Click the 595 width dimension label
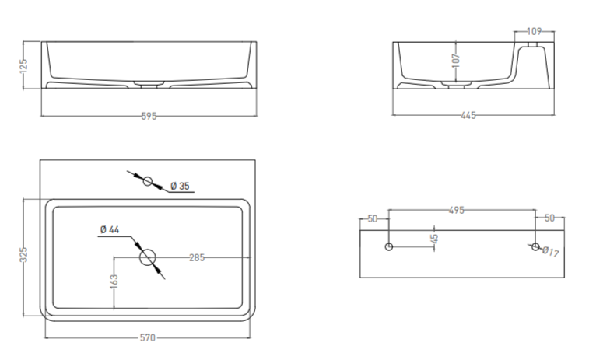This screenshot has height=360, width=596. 149,116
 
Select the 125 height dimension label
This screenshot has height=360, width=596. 23,65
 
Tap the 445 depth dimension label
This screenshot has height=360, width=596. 468,115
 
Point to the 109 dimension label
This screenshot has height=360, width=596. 535,31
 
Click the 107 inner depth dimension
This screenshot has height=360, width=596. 456,61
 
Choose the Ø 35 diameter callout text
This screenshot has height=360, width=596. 180,186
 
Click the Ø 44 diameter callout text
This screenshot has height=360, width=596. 110,229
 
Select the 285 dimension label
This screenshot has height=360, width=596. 197,257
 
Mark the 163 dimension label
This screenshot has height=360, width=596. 114,281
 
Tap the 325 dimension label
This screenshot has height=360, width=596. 23,255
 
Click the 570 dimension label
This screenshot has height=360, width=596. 148,337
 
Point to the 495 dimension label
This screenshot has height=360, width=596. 457,210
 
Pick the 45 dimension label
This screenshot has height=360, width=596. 434,239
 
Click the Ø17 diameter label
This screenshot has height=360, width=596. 551,251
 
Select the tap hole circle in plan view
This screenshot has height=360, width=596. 148,181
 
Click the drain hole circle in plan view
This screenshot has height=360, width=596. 148,257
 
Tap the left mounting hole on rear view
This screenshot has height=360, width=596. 388,246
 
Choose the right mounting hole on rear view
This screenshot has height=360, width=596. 535,247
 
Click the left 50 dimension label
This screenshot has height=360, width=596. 373,218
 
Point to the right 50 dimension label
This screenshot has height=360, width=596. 549,218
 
